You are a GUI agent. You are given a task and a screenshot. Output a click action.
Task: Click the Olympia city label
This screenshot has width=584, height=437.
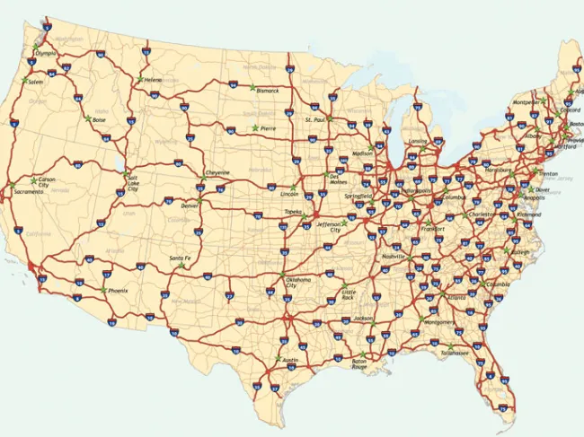tap(46, 53)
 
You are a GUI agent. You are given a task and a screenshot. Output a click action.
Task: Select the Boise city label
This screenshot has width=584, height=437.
tap(99, 120)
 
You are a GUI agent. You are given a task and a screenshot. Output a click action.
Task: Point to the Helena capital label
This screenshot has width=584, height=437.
tap(154, 80)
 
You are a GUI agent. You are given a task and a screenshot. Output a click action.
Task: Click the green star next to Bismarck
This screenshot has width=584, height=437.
tap(252, 90)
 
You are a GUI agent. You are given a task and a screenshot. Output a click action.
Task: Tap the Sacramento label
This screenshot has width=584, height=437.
tap(28, 192)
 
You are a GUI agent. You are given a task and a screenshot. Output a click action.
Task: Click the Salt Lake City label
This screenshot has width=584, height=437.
tap(132, 183)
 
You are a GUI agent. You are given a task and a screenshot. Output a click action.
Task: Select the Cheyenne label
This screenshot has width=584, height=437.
tap(217, 172)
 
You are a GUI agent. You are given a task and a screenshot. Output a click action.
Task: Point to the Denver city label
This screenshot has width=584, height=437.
tap(190, 205)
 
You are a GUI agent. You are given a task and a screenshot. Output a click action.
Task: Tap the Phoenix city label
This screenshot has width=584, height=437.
tap(119, 291)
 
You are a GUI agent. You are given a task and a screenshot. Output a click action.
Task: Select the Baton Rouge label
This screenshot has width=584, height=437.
tap(359, 363)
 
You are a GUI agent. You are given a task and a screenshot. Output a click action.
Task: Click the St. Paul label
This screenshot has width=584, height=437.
tap(314, 118)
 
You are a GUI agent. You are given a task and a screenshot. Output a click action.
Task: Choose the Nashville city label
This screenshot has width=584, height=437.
tap(394, 257)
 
